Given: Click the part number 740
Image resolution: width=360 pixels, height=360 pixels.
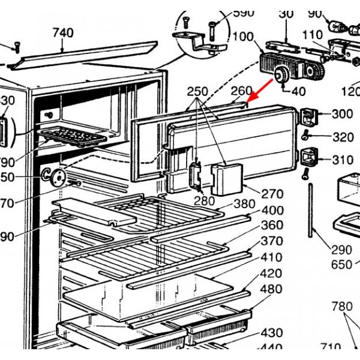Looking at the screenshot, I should [62, 33].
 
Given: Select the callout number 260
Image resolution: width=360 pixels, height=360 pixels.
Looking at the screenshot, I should [242, 91].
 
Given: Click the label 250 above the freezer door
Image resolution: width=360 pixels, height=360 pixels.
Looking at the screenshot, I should [197, 92].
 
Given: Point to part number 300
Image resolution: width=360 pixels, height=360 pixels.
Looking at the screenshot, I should [342, 114].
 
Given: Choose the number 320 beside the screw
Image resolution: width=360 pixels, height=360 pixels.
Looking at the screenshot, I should [343, 137].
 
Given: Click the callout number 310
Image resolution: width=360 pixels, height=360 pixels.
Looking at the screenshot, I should [342, 160].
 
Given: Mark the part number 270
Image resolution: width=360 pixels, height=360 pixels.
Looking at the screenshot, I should [272, 194].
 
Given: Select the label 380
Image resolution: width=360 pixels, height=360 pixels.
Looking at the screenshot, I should [244, 204].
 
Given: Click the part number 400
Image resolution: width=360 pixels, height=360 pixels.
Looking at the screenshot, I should [272, 211].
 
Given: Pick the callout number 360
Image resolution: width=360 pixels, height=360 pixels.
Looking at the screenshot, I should [272, 226].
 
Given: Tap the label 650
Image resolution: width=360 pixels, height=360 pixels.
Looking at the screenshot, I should [341, 265].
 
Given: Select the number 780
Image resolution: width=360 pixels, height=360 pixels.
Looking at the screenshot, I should [342, 307].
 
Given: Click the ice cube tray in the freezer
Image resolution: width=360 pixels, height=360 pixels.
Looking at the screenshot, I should [76, 136].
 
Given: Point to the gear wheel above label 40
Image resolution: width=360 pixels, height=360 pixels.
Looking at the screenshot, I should [279, 75].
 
